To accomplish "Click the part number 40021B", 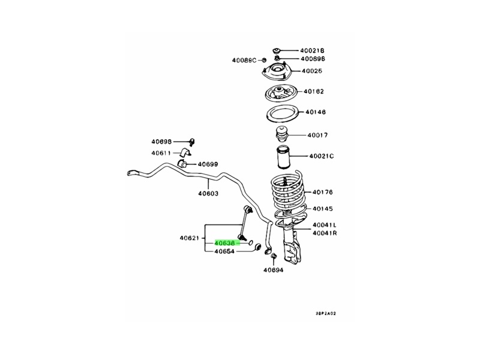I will (312, 50).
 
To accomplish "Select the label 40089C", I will (244, 59).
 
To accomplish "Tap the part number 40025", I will (312, 71).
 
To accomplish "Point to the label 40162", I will (313, 92).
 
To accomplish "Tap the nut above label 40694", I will (273, 257).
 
